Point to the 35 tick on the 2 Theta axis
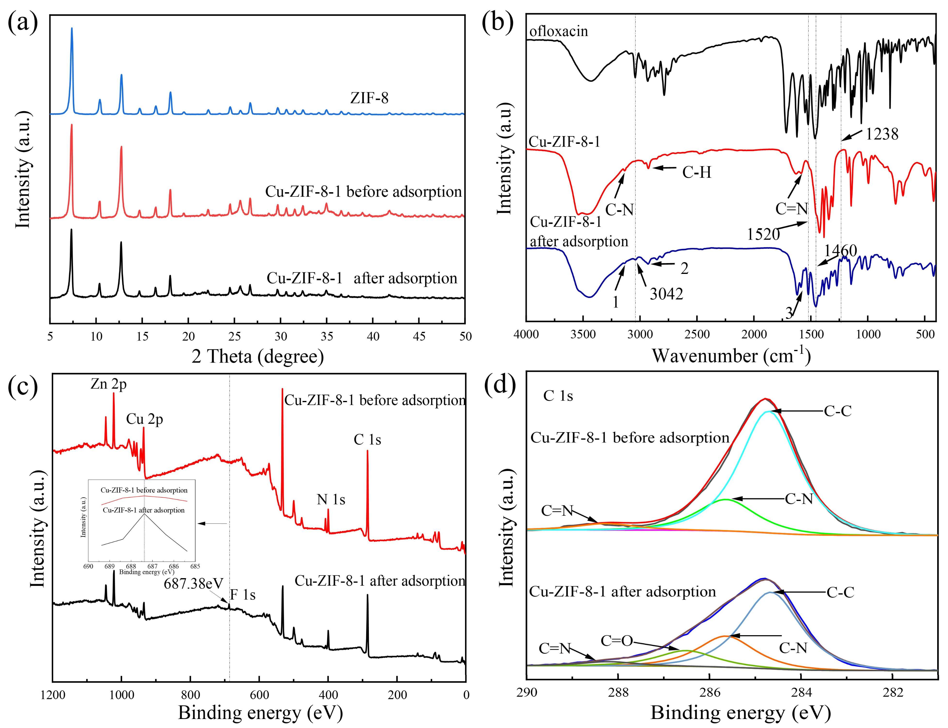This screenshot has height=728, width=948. tap(327, 336)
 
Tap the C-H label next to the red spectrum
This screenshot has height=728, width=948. tap(697, 172)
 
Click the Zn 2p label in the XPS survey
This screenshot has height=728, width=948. tap(108, 384)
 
